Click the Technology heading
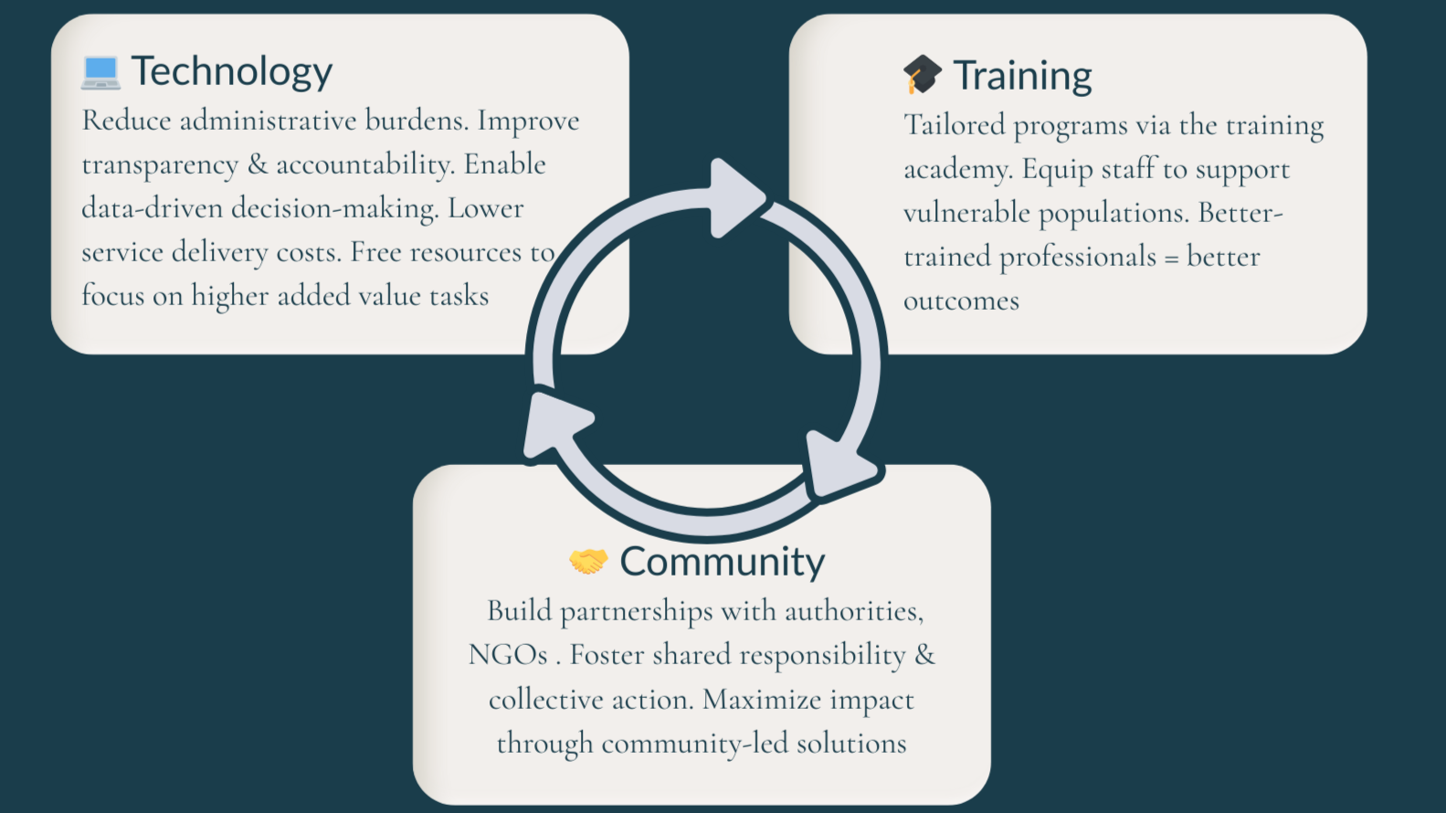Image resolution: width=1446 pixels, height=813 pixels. (231, 71)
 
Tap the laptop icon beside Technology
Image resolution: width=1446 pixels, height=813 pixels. (100, 72)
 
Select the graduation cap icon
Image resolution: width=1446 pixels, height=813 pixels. (922, 74)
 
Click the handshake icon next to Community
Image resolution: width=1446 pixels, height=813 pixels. (587, 560)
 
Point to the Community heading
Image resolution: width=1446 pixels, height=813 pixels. (722, 562)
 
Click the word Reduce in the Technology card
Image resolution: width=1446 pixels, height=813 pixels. (126, 121)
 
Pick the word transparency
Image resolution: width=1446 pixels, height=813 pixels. (160, 165)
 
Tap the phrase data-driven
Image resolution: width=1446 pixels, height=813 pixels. (153, 208)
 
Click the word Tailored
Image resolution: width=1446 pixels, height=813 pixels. (954, 125)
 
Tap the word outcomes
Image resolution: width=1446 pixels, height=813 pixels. (961, 301)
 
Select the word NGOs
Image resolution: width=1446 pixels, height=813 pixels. (508, 655)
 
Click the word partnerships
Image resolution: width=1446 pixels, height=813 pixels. (636, 611)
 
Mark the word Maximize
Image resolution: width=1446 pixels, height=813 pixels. (762, 700)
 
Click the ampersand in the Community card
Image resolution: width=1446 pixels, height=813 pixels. (924, 655)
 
